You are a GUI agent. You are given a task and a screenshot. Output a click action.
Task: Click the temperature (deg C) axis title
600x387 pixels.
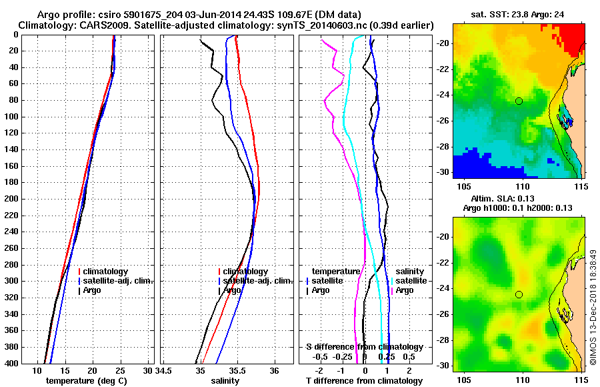tap(86, 381)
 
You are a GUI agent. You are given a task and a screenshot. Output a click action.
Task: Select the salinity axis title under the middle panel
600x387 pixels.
tap(225, 381)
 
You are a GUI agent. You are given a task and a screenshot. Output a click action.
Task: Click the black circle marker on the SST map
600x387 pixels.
tap(519, 101)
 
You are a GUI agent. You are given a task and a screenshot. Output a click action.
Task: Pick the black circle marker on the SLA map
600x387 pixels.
tap(519, 294)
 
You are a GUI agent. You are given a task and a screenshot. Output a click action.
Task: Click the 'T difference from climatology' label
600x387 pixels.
tap(364, 381)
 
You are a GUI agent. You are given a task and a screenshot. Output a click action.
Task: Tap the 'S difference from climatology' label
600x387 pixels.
tap(364, 347)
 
